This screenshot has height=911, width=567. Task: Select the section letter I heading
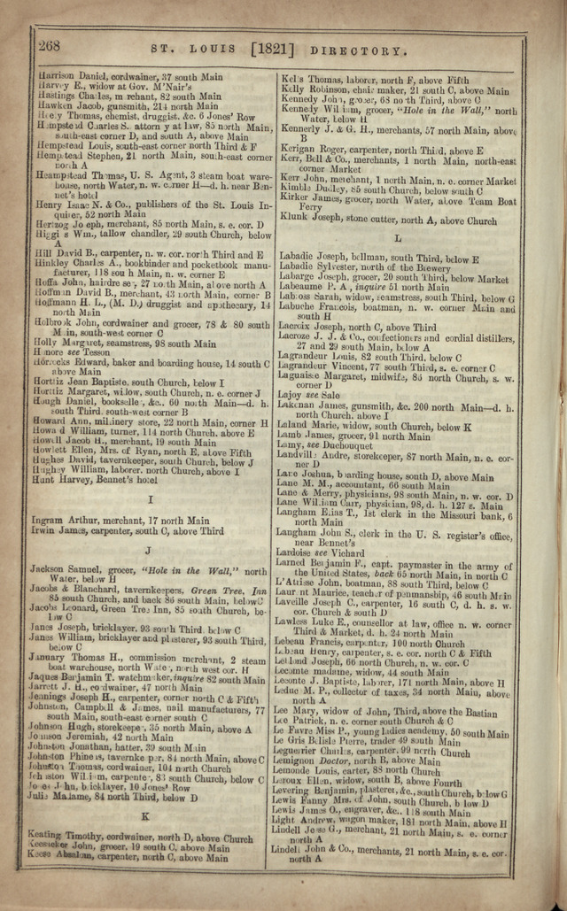(151, 500)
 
